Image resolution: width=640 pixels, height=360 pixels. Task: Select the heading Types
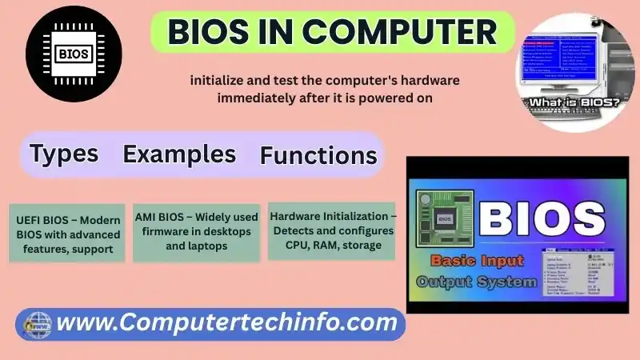click(x=64, y=153)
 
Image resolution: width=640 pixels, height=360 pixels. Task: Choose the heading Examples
click(x=179, y=154)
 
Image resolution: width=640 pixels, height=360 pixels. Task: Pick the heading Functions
click(x=318, y=155)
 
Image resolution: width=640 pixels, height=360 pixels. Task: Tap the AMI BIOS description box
click(x=197, y=231)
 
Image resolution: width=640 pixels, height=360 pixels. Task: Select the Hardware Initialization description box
click(x=331, y=230)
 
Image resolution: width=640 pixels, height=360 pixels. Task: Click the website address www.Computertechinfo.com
click(x=228, y=323)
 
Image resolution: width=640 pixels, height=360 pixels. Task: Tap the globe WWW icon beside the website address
click(x=36, y=324)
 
